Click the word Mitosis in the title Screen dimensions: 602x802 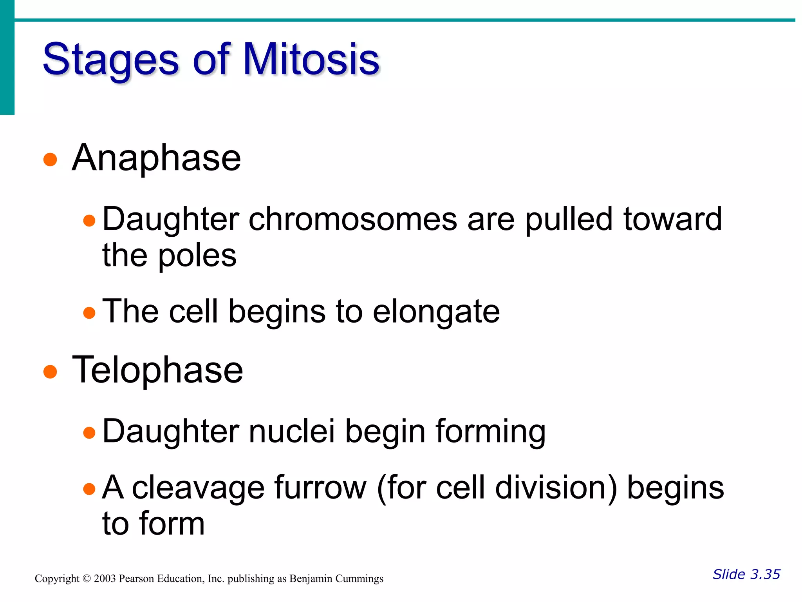point(311,60)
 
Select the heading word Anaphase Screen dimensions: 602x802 point(156,158)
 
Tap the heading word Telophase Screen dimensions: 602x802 point(157,370)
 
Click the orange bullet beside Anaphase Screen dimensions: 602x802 point(50,160)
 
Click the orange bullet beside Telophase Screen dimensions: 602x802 point(50,372)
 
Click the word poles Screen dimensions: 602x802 point(197,256)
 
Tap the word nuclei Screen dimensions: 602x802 point(292,431)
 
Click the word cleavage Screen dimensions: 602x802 point(198,488)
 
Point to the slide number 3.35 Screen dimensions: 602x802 point(765,574)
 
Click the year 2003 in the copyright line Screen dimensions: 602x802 point(105,579)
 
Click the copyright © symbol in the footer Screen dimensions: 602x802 point(87,579)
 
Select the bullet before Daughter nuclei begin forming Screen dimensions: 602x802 point(89,433)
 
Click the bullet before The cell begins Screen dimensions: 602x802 point(89,313)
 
